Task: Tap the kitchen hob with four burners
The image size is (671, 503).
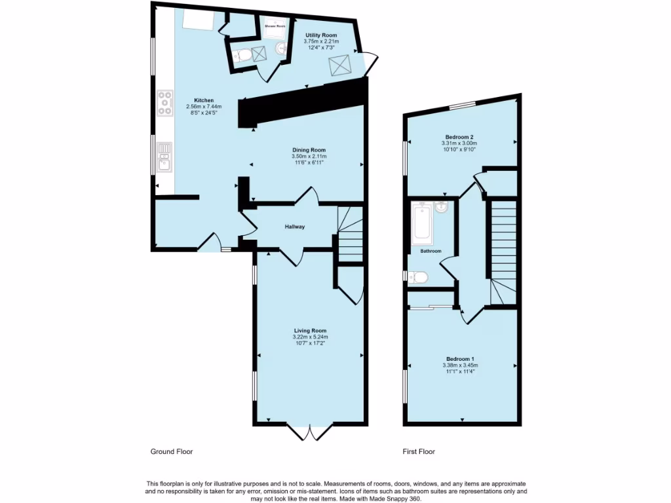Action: click(x=164, y=103)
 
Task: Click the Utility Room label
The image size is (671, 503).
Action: click(x=321, y=35)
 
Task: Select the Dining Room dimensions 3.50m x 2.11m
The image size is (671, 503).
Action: click(x=309, y=157)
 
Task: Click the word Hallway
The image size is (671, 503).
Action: click(x=294, y=227)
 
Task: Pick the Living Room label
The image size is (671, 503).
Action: click(x=309, y=331)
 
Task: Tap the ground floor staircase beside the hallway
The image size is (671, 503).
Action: click(x=350, y=236)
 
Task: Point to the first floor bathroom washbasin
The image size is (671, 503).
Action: click(x=441, y=208)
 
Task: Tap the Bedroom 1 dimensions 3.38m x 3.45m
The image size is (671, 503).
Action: click(x=459, y=365)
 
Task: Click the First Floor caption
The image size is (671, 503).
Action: click(x=418, y=451)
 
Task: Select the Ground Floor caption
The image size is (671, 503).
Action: click(x=172, y=451)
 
